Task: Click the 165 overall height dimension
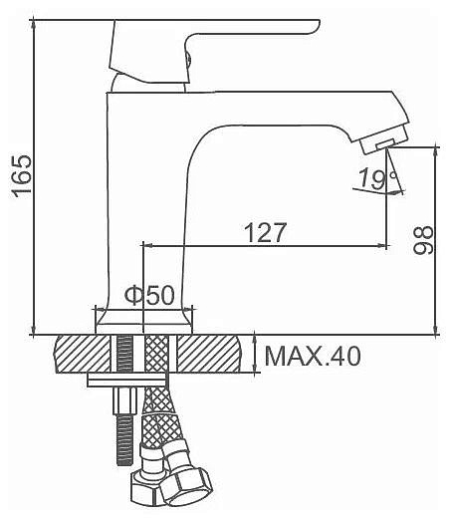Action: (22, 175)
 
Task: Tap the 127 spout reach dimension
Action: (265, 232)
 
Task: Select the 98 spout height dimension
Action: (423, 240)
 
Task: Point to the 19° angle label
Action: (377, 178)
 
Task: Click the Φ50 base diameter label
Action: (149, 294)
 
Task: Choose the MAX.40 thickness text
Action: (313, 357)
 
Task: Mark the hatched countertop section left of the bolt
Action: (83, 354)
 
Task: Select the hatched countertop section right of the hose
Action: (208, 354)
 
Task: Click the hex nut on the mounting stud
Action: (124, 400)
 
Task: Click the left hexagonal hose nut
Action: (145, 489)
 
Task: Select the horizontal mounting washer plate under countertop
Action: (126, 381)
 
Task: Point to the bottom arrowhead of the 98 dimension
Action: (435, 329)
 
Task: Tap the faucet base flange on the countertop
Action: (143, 321)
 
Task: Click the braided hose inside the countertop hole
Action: (155, 354)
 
